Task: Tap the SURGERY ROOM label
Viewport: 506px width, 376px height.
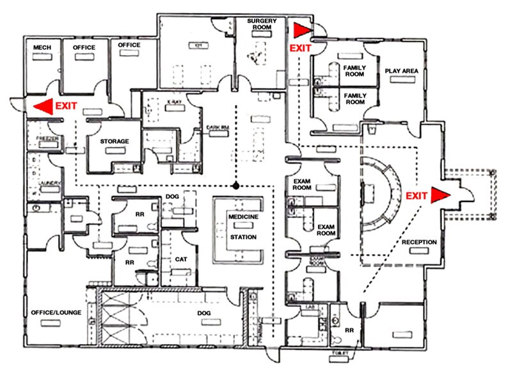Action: (x=263, y=25)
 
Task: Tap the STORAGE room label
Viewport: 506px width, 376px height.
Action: (x=115, y=141)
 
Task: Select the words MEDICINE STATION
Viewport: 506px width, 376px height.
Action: (x=242, y=227)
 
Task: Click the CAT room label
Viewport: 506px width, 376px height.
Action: (x=181, y=260)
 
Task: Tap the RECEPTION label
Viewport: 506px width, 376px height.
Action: (x=419, y=242)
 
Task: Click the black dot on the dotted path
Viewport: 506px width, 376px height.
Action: (x=236, y=186)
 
